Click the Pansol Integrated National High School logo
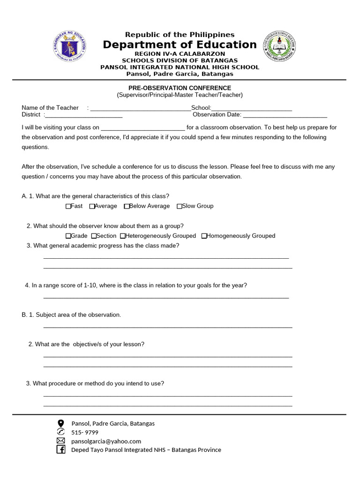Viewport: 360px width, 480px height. (x=279, y=47)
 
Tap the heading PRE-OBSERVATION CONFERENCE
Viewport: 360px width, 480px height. (x=180, y=88)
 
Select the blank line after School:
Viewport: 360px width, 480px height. (x=252, y=108)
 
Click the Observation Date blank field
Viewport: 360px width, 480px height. (x=285, y=115)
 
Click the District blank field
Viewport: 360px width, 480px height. (x=84, y=115)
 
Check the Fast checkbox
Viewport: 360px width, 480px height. (x=68, y=206)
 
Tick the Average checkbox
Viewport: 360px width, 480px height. (x=92, y=206)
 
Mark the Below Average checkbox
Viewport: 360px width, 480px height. (x=127, y=206)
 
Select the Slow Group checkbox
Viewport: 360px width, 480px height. (x=180, y=206)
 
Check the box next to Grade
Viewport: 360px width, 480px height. (x=68, y=236)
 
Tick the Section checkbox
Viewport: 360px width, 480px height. (x=94, y=236)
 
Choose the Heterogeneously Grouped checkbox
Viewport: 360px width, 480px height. (x=123, y=236)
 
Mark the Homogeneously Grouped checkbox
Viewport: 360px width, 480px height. (x=204, y=236)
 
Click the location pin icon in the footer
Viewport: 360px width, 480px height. (x=60, y=423)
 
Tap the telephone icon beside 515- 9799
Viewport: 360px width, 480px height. (x=60, y=432)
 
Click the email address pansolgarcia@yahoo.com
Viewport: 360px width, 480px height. (x=106, y=441)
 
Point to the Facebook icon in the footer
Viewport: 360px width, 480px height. (x=60, y=450)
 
